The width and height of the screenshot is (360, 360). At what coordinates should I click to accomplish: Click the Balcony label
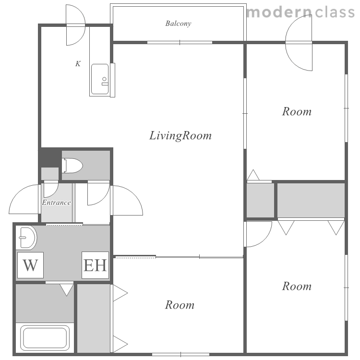178,24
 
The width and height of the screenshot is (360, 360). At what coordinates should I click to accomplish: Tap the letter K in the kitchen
78,63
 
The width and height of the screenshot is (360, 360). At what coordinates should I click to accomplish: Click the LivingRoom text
180,135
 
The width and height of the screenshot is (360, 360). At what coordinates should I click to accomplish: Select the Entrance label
56,203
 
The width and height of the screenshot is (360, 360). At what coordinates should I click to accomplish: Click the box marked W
30,265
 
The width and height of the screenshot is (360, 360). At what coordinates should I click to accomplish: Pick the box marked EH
96,265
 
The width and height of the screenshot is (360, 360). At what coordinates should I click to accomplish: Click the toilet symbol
72,165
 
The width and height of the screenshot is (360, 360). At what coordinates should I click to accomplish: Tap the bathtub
45,338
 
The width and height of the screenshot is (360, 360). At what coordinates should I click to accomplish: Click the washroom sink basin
26,238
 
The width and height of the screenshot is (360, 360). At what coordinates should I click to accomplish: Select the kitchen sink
100,79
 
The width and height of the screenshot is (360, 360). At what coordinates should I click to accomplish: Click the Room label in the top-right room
297,111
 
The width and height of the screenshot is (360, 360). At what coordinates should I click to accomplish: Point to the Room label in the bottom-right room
297,286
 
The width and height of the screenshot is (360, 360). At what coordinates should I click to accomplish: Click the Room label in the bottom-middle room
180,305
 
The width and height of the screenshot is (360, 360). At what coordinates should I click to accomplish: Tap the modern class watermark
301,12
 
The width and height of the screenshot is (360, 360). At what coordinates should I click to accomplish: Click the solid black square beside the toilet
50,157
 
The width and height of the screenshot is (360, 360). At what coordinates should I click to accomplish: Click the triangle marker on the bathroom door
67,290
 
